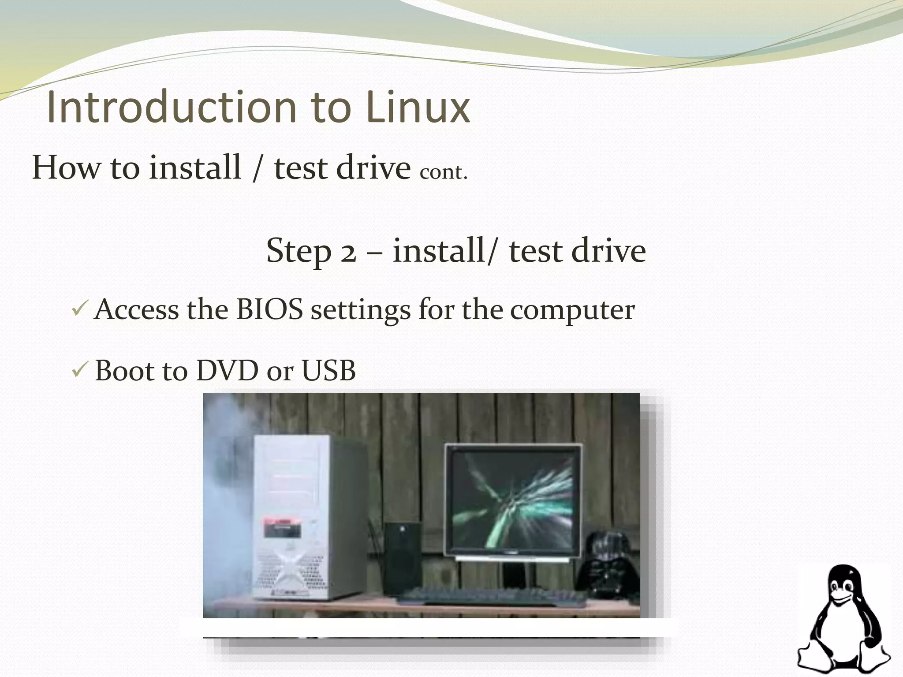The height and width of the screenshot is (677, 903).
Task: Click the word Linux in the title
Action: pyautogui.click(x=417, y=107)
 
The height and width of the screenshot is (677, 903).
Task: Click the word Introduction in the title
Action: pyautogui.click(x=172, y=107)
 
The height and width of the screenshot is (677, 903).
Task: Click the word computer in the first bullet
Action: pyautogui.click(x=572, y=310)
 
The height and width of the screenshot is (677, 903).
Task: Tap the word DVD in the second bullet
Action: pyautogui.click(x=227, y=370)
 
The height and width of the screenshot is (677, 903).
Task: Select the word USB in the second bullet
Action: pyautogui.click(x=328, y=370)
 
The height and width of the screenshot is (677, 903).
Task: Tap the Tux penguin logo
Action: pyautogui.click(x=845, y=617)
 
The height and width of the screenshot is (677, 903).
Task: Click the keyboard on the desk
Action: pyautogui.click(x=489, y=595)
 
